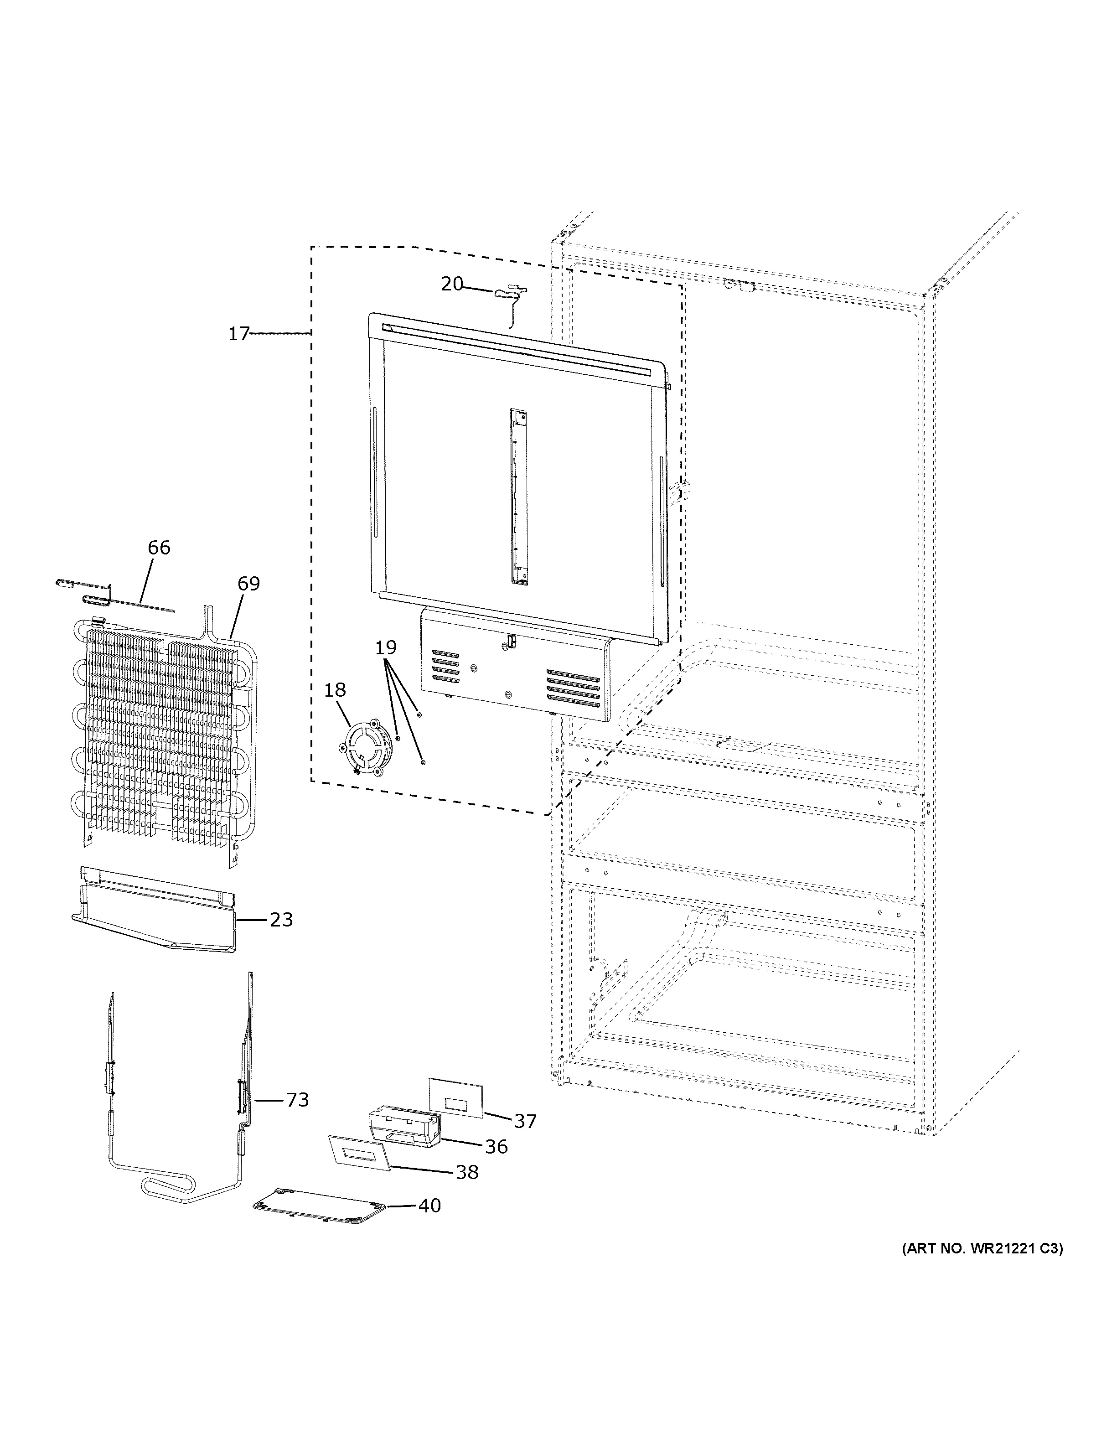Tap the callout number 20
point(452,285)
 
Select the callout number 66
point(159,548)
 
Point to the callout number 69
point(248,583)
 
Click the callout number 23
point(281,920)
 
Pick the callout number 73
point(297,1100)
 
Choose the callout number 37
point(526,1121)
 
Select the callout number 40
point(429,1206)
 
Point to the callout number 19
point(386,647)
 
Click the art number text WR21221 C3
point(982,1249)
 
